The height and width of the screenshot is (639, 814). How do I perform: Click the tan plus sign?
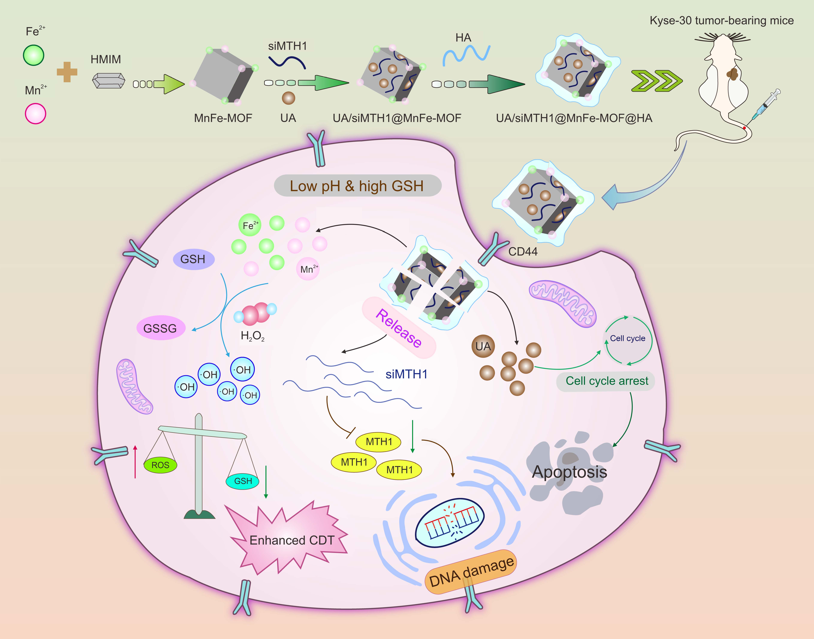pos(67,72)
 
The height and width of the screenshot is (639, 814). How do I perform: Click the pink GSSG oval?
pos(161,328)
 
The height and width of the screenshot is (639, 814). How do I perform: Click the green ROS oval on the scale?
pos(160,465)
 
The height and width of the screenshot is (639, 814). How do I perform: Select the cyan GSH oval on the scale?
pos(243,481)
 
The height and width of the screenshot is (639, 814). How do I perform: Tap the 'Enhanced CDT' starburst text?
pos(291,540)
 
